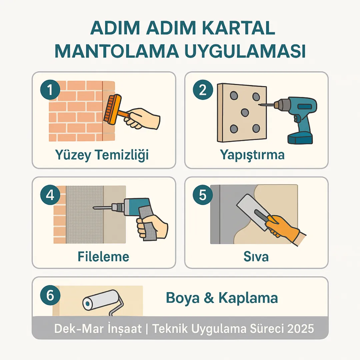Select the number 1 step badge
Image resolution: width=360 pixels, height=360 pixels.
[x=50, y=91]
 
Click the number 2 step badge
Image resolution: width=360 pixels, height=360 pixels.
[x=203, y=91]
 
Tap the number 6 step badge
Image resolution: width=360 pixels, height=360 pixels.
[x=50, y=296]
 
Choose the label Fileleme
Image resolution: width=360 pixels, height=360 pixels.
[x=103, y=257]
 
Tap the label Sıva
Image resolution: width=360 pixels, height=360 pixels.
[x=256, y=257]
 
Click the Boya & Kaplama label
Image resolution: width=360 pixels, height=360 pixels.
[x=222, y=298]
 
